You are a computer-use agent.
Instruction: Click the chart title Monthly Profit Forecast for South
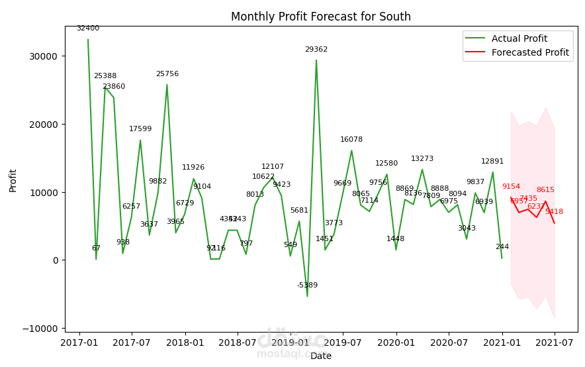point(320,17)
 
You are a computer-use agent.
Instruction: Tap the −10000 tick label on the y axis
point(40,329)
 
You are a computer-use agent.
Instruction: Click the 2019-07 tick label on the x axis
point(343,343)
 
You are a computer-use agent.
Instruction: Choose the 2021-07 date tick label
point(555,343)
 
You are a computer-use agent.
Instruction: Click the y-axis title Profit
point(13,180)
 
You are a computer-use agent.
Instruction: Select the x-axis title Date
point(321,356)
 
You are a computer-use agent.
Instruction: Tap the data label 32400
point(88,28)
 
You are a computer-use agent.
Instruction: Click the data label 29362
point(316,50)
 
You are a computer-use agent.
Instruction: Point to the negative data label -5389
point(307,286)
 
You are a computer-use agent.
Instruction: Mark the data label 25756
point(167,74)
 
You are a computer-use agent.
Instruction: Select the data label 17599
point(140,129)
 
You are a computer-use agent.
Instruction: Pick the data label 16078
point(351,140)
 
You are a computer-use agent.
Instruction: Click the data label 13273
point(422,159)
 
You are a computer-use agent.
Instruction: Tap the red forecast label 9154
point(511,187)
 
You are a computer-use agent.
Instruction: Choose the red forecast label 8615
point(545,190)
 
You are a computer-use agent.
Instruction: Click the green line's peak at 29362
point(316,60)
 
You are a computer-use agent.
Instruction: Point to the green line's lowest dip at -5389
point(307,296)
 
